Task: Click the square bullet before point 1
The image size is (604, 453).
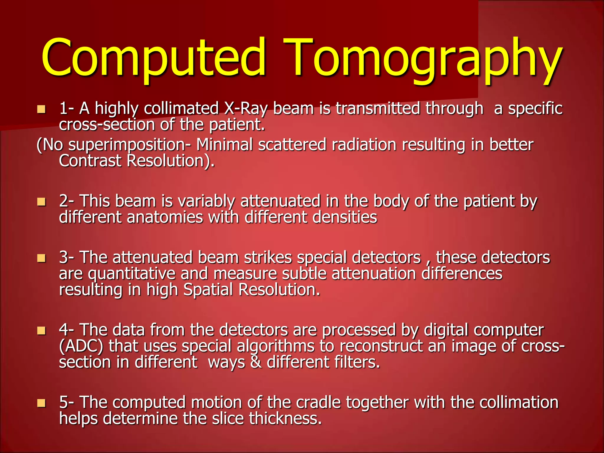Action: [x=41, y=109]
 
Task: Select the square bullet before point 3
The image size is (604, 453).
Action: [x=41, y=258]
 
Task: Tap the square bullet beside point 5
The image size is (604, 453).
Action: [x=41, y=403]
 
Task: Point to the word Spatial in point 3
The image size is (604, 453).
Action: [x=208, y=290]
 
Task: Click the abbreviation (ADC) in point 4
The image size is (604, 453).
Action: [x=81, y=347]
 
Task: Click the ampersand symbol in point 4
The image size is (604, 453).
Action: [x=256, y=362]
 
